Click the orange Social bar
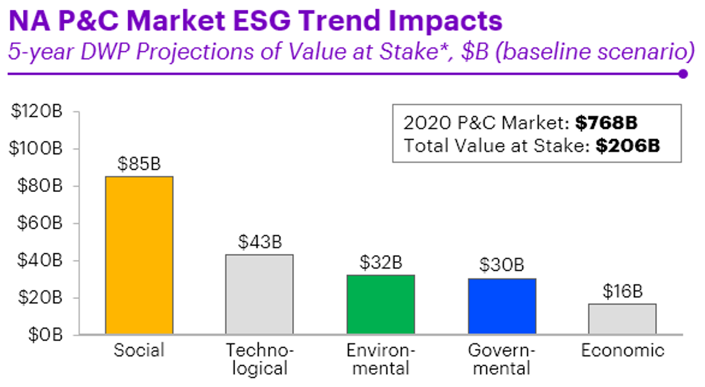(x=139, y=255)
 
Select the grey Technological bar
(x=259, y=294)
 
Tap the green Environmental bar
(x=380, y=304)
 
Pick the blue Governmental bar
(x=502, y=306)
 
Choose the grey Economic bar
(x=622, y=319)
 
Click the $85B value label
(x=139, y=165)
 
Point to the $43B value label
(x=259, y=242)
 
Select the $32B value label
(x=381, y=262)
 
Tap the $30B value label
(x=502, y=265)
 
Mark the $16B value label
(x=622, y=291)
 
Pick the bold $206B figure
(x=627, y=146)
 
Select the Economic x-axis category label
(x=622, y=351)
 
